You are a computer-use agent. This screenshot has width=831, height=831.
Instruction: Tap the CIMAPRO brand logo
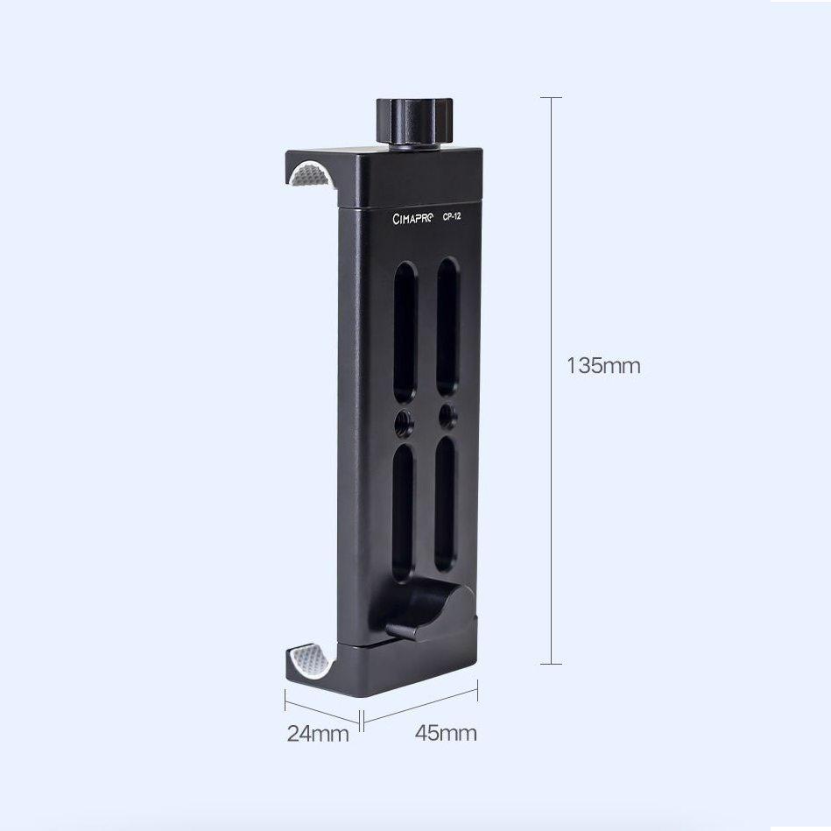412,218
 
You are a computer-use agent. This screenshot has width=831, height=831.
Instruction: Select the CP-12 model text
452,216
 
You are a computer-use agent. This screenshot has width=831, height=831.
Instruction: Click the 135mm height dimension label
603,366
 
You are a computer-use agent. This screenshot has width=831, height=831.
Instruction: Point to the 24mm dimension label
318,734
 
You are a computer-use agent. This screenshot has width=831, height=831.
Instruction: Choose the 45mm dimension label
446,733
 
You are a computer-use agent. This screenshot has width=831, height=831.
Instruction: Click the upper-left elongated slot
405,332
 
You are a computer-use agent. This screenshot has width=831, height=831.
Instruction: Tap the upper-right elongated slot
447,327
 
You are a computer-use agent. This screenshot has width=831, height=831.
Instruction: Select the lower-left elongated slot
404,511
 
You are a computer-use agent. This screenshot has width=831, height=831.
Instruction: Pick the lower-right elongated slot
445,504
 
